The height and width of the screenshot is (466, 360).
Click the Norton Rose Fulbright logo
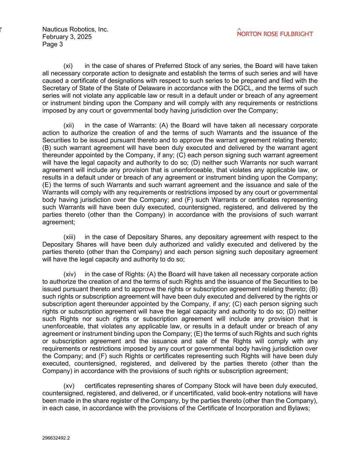(x=275, y=33)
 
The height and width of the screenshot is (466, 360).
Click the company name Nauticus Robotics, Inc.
(x=75, y=29)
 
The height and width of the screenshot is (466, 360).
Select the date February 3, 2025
(x=67, y=37)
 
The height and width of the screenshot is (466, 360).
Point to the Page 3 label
(x=53, y=44)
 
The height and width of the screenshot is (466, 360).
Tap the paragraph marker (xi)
(x=68, y=66)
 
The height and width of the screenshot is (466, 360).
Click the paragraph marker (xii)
(x=69, y=125)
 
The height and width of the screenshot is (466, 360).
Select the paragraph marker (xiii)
(x=69, y=237)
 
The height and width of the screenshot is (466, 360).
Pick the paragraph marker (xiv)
(x=70, y=274)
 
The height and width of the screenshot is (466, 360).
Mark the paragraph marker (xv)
(x=69, y=386)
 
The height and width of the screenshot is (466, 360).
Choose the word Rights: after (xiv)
(x=137, y=274)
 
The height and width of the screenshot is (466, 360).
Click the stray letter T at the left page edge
(x=1, y=30)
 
